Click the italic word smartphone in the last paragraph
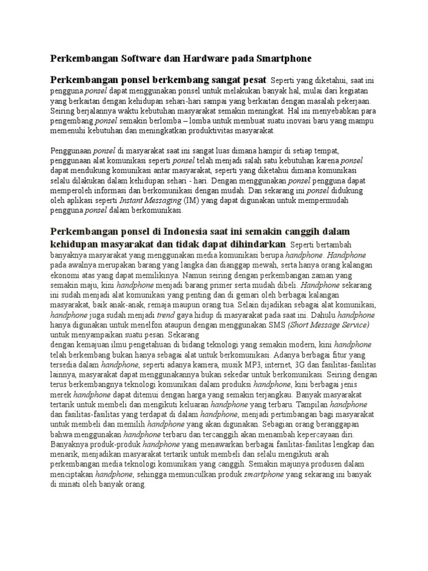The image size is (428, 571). (264, 475)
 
